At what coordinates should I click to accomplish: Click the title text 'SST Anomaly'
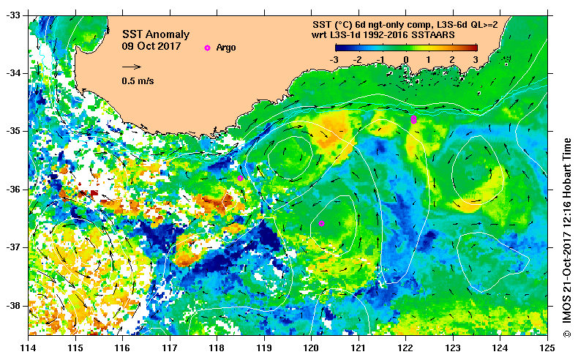pyautogui.click(x=155, y=34)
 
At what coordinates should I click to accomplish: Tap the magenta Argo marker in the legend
pyautogui.click(x=207, y=48)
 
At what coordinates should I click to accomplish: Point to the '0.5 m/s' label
pyautogui.click(x=137, y=80)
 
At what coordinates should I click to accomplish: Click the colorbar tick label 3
pyautogui.click(x=476, y=59)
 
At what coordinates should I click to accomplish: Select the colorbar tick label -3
pyautogui.click(x=334, y=59)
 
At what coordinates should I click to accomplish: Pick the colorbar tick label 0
pyautogui.click(x=406, y=59)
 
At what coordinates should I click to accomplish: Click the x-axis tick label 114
pyautogui.click(x=29, y=348)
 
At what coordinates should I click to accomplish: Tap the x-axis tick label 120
pyautogui.click(x=312, y=348)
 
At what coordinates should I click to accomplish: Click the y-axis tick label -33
pyautogui.click(x=15, y=15)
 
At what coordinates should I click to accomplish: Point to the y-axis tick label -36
pyautogui.click(x=15, y=189)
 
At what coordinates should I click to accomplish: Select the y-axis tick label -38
pyautogui.click(x=15, y=305)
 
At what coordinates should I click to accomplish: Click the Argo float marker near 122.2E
pyautogui.click(x=414, y=119)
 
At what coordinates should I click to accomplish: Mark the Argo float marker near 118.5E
pyautogui.click(x=240, y=178)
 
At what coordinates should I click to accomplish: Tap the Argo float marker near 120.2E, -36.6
pyautogui.click(x=321, y=224)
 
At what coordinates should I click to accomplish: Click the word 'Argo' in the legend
pyautogui.click(x=226, y=48)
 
